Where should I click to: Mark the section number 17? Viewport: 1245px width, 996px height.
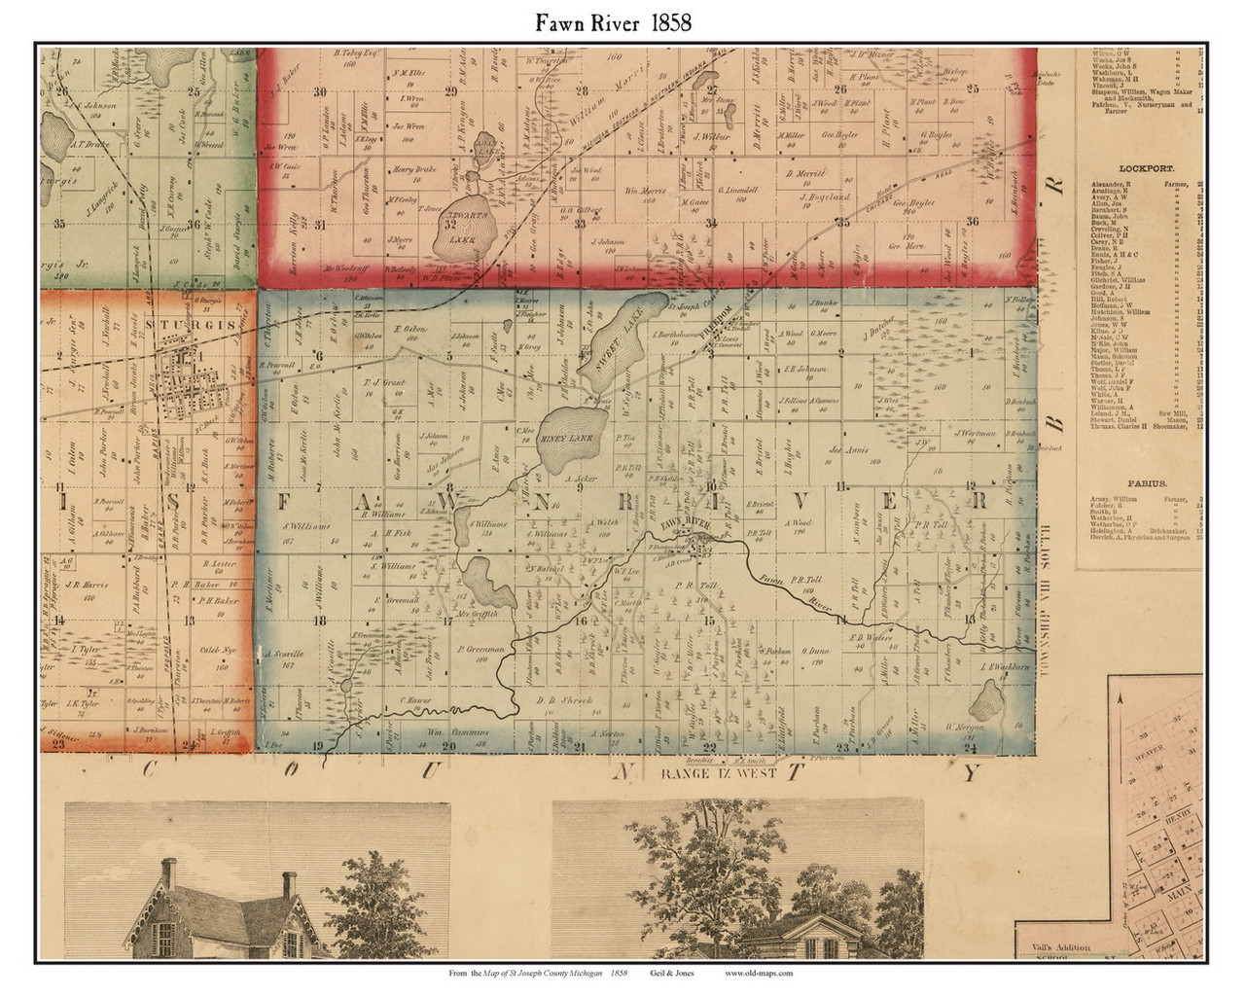click(x=446, y=621)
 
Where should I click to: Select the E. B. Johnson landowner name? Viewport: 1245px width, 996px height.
click(x=804, y=369)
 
